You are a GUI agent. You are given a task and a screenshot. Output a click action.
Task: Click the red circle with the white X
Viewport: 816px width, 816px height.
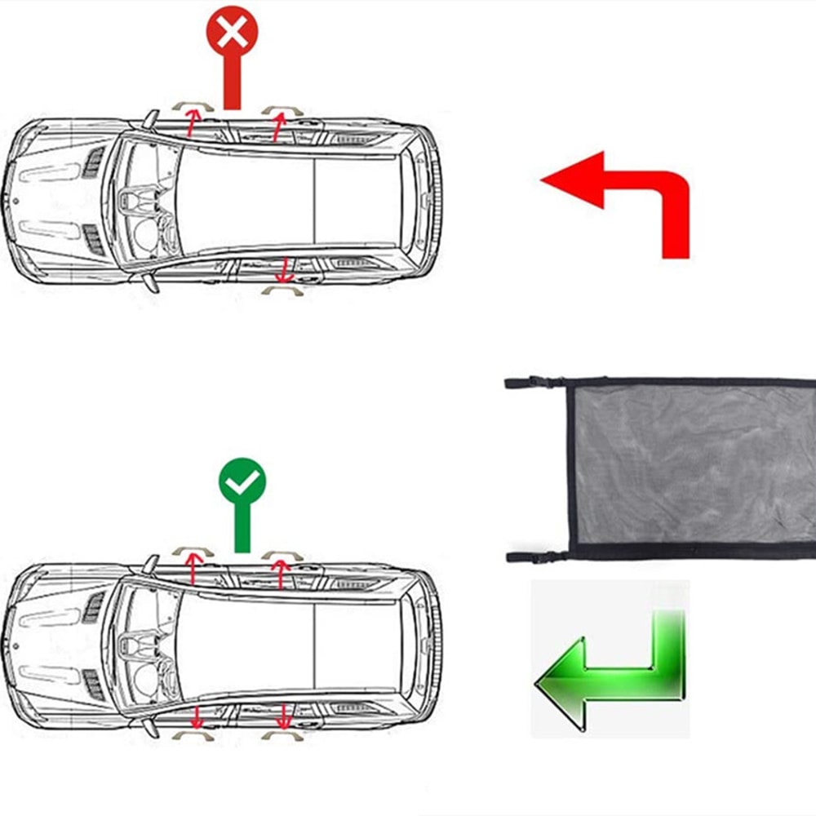click(x=232, y=33)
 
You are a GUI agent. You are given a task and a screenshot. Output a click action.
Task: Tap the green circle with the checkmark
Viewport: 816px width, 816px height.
click(x=242, y=483)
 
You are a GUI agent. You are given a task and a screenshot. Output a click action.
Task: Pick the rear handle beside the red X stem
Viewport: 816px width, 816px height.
click(x=282, y=109)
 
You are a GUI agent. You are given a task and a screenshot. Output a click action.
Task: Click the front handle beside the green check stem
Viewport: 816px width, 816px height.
click(x=193, y=552)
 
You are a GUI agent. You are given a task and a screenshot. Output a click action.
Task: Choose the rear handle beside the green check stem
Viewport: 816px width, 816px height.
click(x=282, y=555)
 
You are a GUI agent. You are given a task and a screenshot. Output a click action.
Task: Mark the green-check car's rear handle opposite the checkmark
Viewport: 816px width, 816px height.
click(x=282, y=735)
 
